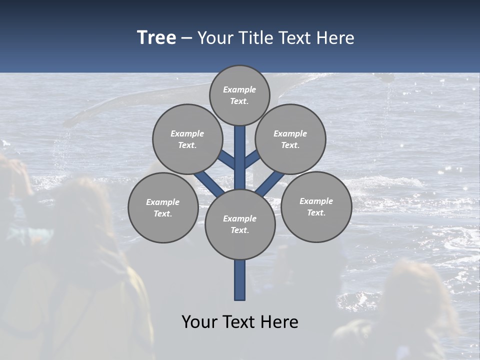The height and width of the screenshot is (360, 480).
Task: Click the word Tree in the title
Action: click(156, 37)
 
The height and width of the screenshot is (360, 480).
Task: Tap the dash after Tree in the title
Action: click(187, 38)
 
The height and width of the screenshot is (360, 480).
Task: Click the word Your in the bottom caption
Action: click(200, 322)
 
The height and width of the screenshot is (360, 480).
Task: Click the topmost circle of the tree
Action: click(239, 95)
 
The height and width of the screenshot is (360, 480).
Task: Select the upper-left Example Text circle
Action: click(187, 139)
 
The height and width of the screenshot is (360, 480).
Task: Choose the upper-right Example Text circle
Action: click(290, 139)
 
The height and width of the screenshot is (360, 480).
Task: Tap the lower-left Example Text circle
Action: click(162, 207)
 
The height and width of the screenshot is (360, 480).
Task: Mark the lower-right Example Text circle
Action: click(316, 206)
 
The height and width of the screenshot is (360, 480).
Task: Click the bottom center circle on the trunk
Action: click(240, 224)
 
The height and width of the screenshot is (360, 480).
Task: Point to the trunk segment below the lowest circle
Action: click(240, 280)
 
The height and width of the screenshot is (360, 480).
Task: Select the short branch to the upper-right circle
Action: click(252, 159)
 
